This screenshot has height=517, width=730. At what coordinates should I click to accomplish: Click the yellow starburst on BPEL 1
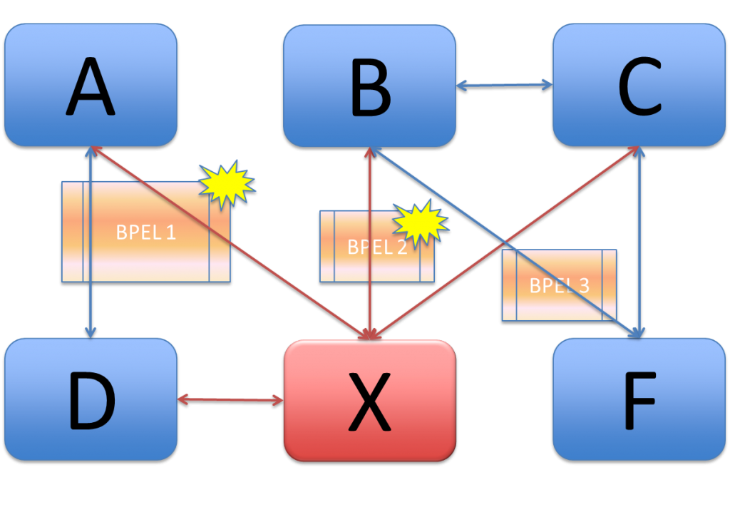click(x=225, y=185)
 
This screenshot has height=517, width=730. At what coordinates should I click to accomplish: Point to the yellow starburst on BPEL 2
click(x=421, y=222)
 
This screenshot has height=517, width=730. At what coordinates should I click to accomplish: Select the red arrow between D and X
click(x=230, y=399)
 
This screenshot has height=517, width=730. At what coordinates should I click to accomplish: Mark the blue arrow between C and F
click(x=641, y=214)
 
